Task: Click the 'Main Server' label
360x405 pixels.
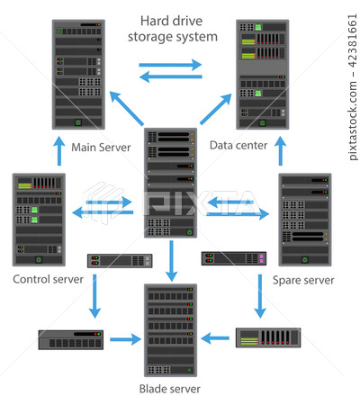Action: click(x=101, y=148)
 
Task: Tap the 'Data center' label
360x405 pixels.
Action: click(x=238, y=145)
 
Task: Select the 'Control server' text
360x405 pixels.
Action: click(x=48, y=279)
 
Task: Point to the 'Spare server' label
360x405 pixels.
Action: click(x=303, y=280)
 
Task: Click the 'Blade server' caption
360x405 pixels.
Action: click(x=170, y=389)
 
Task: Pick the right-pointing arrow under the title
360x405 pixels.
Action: click(x=170, y=65)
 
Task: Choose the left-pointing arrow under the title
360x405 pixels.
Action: click(x=171, y=76)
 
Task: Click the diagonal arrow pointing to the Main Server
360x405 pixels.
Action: click(x=126, y=108)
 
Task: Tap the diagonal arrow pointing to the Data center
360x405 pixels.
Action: click(x=216, y=109)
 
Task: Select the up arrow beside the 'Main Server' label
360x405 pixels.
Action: click(x=59, y=151)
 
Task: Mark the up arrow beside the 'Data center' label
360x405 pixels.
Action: click(x=281, y=151)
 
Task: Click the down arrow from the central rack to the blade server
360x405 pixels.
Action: click(x=171, y=261)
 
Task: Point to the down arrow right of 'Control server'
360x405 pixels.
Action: click(x=94, y=296)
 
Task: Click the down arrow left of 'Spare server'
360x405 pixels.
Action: click(x=260, y=296)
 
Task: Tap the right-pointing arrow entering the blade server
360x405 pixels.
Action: click(x=125, y=339)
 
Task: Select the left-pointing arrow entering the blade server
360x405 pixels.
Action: click(x=215, y=338)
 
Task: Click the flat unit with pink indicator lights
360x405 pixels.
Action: click(x=234, y=258)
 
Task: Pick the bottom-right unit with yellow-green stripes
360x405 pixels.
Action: click(x=268, y=337)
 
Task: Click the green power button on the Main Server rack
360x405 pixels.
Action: click(x=78, y=122)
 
